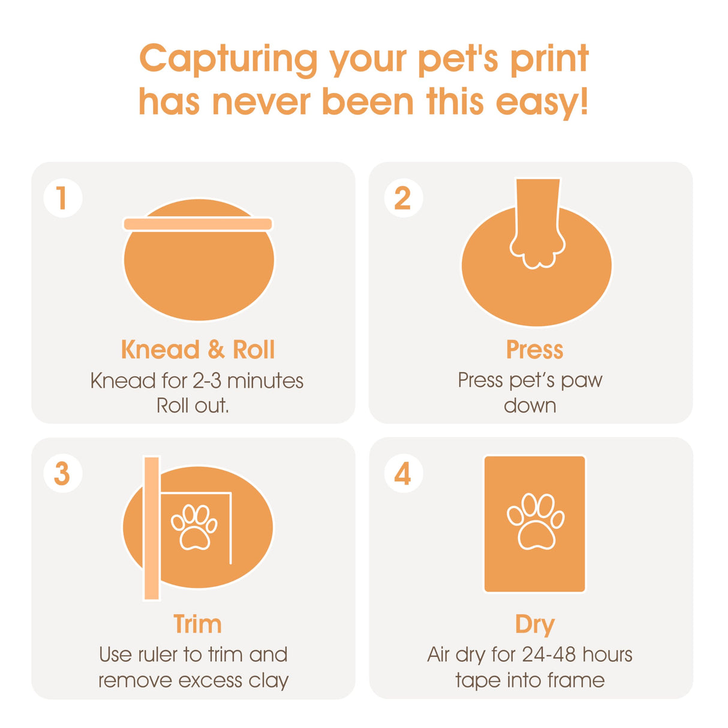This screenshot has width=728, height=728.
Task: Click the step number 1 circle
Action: click(62, 198)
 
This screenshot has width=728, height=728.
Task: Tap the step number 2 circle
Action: click(403, 198)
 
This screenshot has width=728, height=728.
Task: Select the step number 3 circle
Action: click(62, 474)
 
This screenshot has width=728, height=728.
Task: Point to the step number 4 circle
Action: click(403, 474)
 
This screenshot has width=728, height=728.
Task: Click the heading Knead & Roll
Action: click(198, 350)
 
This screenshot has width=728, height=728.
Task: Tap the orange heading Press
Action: click(534, 350)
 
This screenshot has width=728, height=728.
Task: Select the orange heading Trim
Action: click(198, 624)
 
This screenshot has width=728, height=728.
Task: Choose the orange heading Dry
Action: click(534, 625)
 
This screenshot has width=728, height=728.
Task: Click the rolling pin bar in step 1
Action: click(198, 224)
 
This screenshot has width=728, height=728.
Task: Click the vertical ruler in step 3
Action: click(152, 528)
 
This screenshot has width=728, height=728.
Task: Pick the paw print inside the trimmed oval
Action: click(194, 527)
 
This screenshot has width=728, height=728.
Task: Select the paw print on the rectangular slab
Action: click(535, 521)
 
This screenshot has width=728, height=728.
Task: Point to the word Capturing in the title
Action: click(228, 60)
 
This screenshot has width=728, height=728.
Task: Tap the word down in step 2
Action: click(530, 406)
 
